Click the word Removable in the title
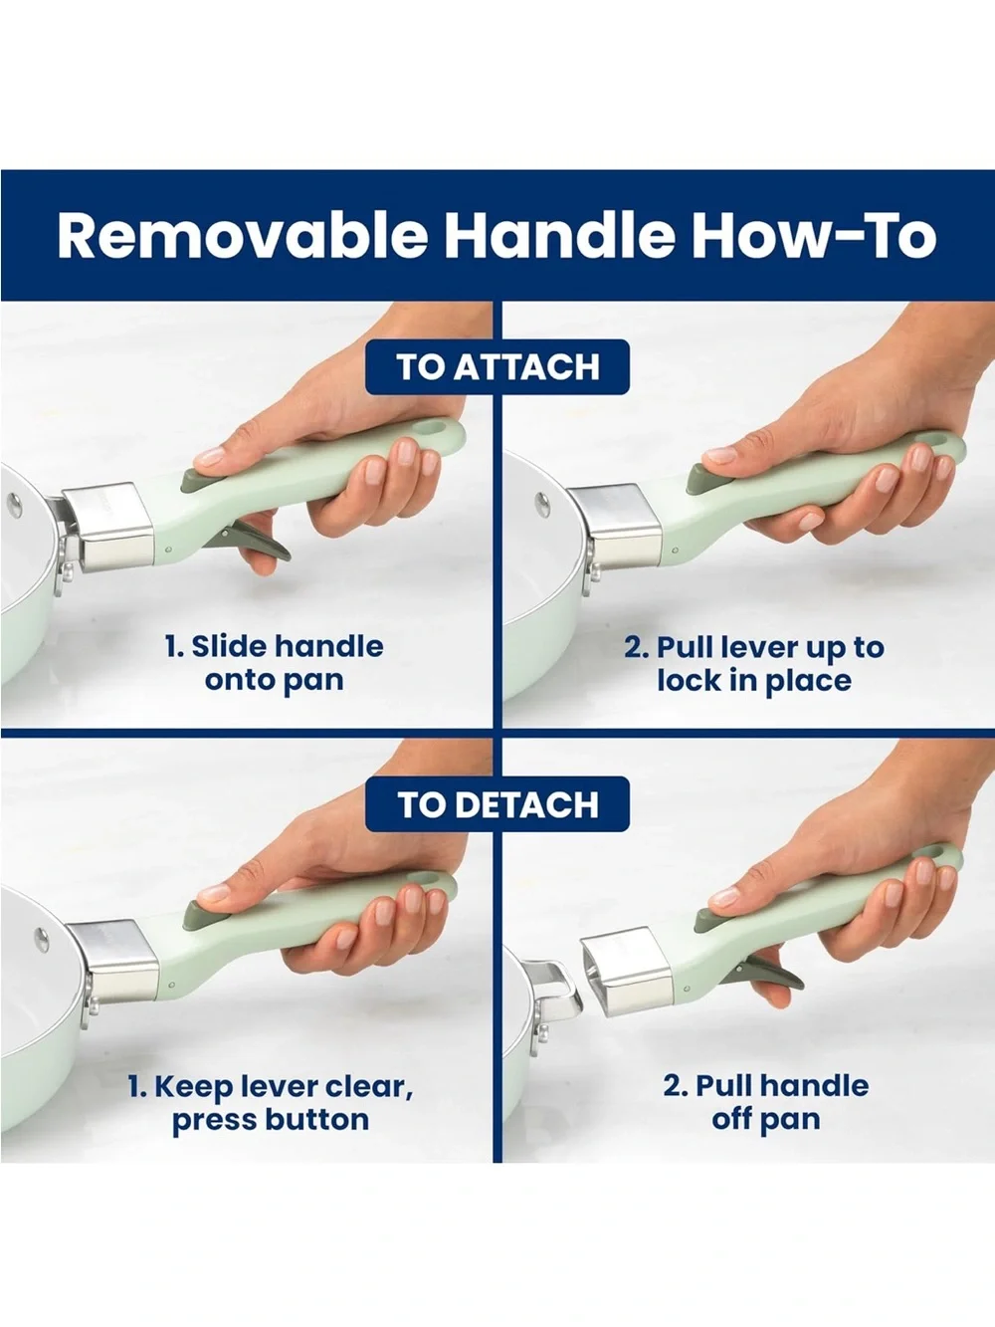[x=242, y=236]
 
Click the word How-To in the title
[x=814, y=236]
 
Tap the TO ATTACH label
[x=497, y=367]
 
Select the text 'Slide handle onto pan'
[x=275, y=663]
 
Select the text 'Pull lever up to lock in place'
[x=754, y=663]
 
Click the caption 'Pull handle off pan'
[x=765, y=1102]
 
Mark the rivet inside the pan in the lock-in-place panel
[x=543, y=504]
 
